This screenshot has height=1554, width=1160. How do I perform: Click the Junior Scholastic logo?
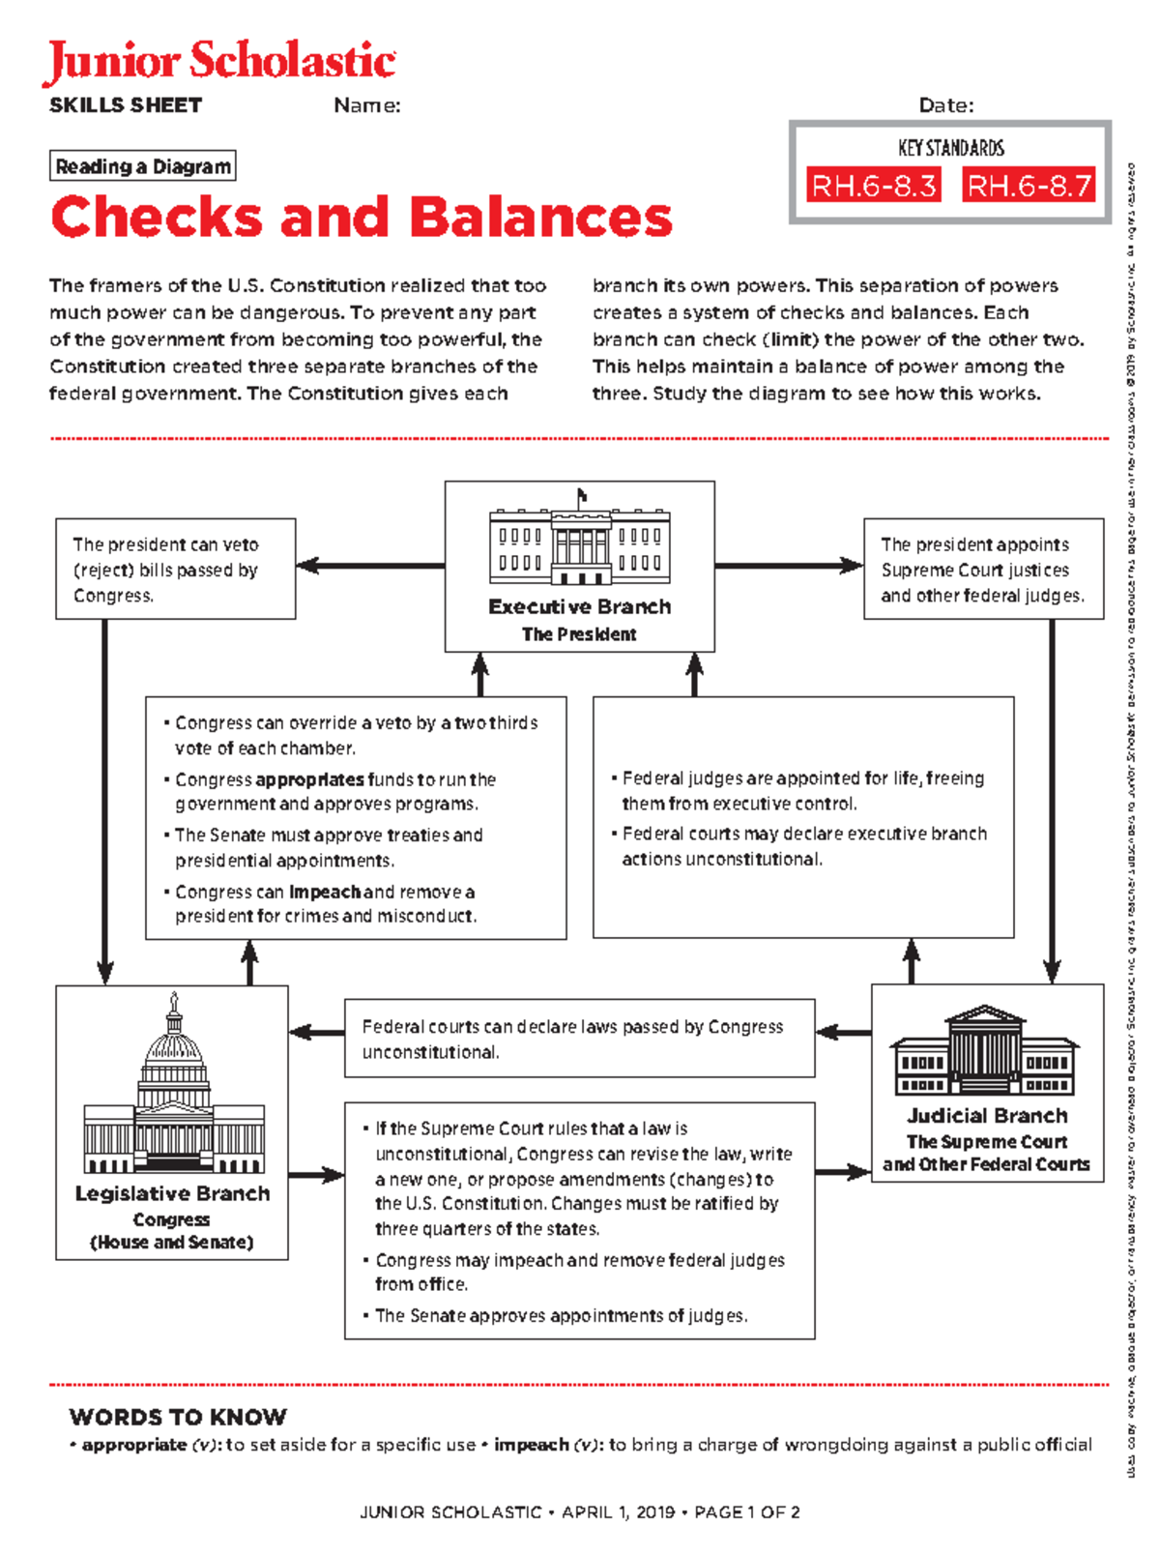tap(220, 62)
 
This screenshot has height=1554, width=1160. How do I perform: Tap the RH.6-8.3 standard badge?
tap(874, 185)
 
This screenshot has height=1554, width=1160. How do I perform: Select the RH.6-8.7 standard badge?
tap(1029, 185)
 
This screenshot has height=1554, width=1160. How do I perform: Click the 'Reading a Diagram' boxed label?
tap(143, 166)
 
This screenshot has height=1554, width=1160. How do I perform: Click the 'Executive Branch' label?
tap(579, 606)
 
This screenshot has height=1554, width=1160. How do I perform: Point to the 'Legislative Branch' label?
tap(172, 1193)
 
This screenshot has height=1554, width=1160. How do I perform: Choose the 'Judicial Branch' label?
tap(987, 1115)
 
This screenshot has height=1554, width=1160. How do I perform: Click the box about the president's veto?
tap(175, 570)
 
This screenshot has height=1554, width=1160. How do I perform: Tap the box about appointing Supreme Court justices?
tap(983, 570)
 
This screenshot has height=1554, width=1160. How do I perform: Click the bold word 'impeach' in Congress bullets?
tap(325, 892)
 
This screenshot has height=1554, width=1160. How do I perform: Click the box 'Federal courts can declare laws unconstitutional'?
tap(579, 1039)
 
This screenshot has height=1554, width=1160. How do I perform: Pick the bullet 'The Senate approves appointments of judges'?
tap(561, 1315)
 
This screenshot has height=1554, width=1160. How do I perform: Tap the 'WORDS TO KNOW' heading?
tap(178, 1417)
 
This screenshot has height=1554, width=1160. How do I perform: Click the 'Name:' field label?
tap(367, 105)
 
